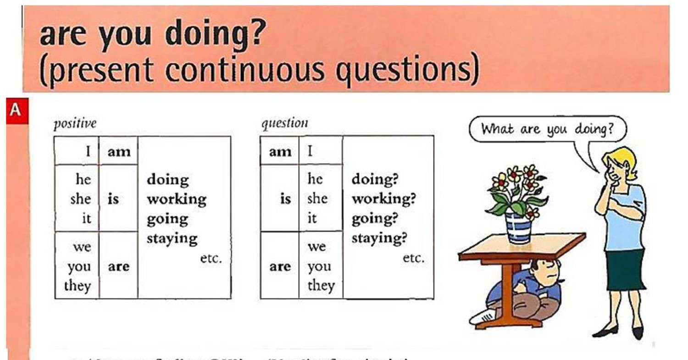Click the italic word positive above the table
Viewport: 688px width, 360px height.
point(75,124)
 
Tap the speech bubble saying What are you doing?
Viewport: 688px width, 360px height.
point(547,129)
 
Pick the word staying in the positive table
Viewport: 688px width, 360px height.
point(172,239)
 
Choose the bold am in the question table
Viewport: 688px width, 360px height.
point(280,151)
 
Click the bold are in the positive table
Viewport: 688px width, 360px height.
point(118,266)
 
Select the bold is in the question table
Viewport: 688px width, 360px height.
point(286,199)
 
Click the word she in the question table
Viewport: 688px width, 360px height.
point(317,199)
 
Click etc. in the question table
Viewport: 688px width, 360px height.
point(414,258)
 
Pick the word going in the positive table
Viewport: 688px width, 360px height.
point(167,219)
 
